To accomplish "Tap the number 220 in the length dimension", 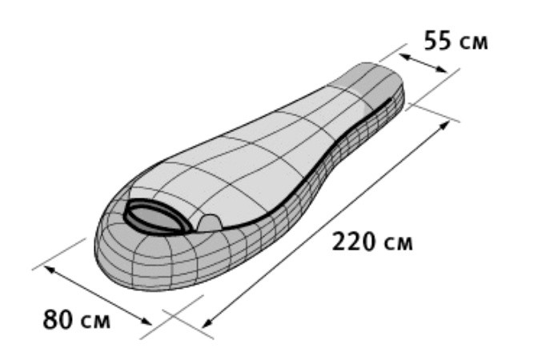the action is click(354, 242).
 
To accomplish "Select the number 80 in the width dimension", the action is click(58, 319).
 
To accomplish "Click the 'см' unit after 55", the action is click(473, 42).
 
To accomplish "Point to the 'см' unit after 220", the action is click(398, 244).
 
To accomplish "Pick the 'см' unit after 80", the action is click(96, 322).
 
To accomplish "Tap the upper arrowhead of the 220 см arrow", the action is click(445, 126).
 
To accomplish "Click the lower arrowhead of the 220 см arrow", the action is click(207, 323).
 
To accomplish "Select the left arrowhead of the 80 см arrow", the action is click(49, 269).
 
